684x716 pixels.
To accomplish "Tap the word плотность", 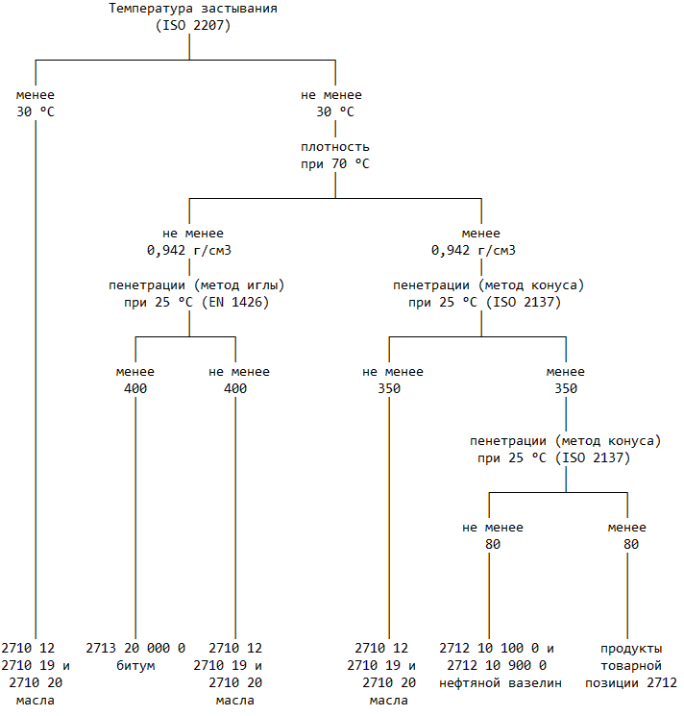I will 334,147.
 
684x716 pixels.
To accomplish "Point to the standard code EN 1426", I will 238,302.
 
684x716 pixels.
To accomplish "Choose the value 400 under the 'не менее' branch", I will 235,388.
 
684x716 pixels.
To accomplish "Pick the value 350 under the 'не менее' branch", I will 389,388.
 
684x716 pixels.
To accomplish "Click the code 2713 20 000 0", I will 135,648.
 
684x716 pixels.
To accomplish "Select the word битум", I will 135,665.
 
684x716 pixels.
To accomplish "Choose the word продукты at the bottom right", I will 631,648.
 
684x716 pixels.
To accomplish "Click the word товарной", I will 631,665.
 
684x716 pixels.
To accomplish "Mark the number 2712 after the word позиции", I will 662,682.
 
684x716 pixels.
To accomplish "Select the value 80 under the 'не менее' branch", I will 493,544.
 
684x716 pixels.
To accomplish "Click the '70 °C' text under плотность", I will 350,163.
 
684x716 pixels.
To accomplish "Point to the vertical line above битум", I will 135,519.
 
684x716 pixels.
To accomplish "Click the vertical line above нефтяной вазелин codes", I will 489,596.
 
